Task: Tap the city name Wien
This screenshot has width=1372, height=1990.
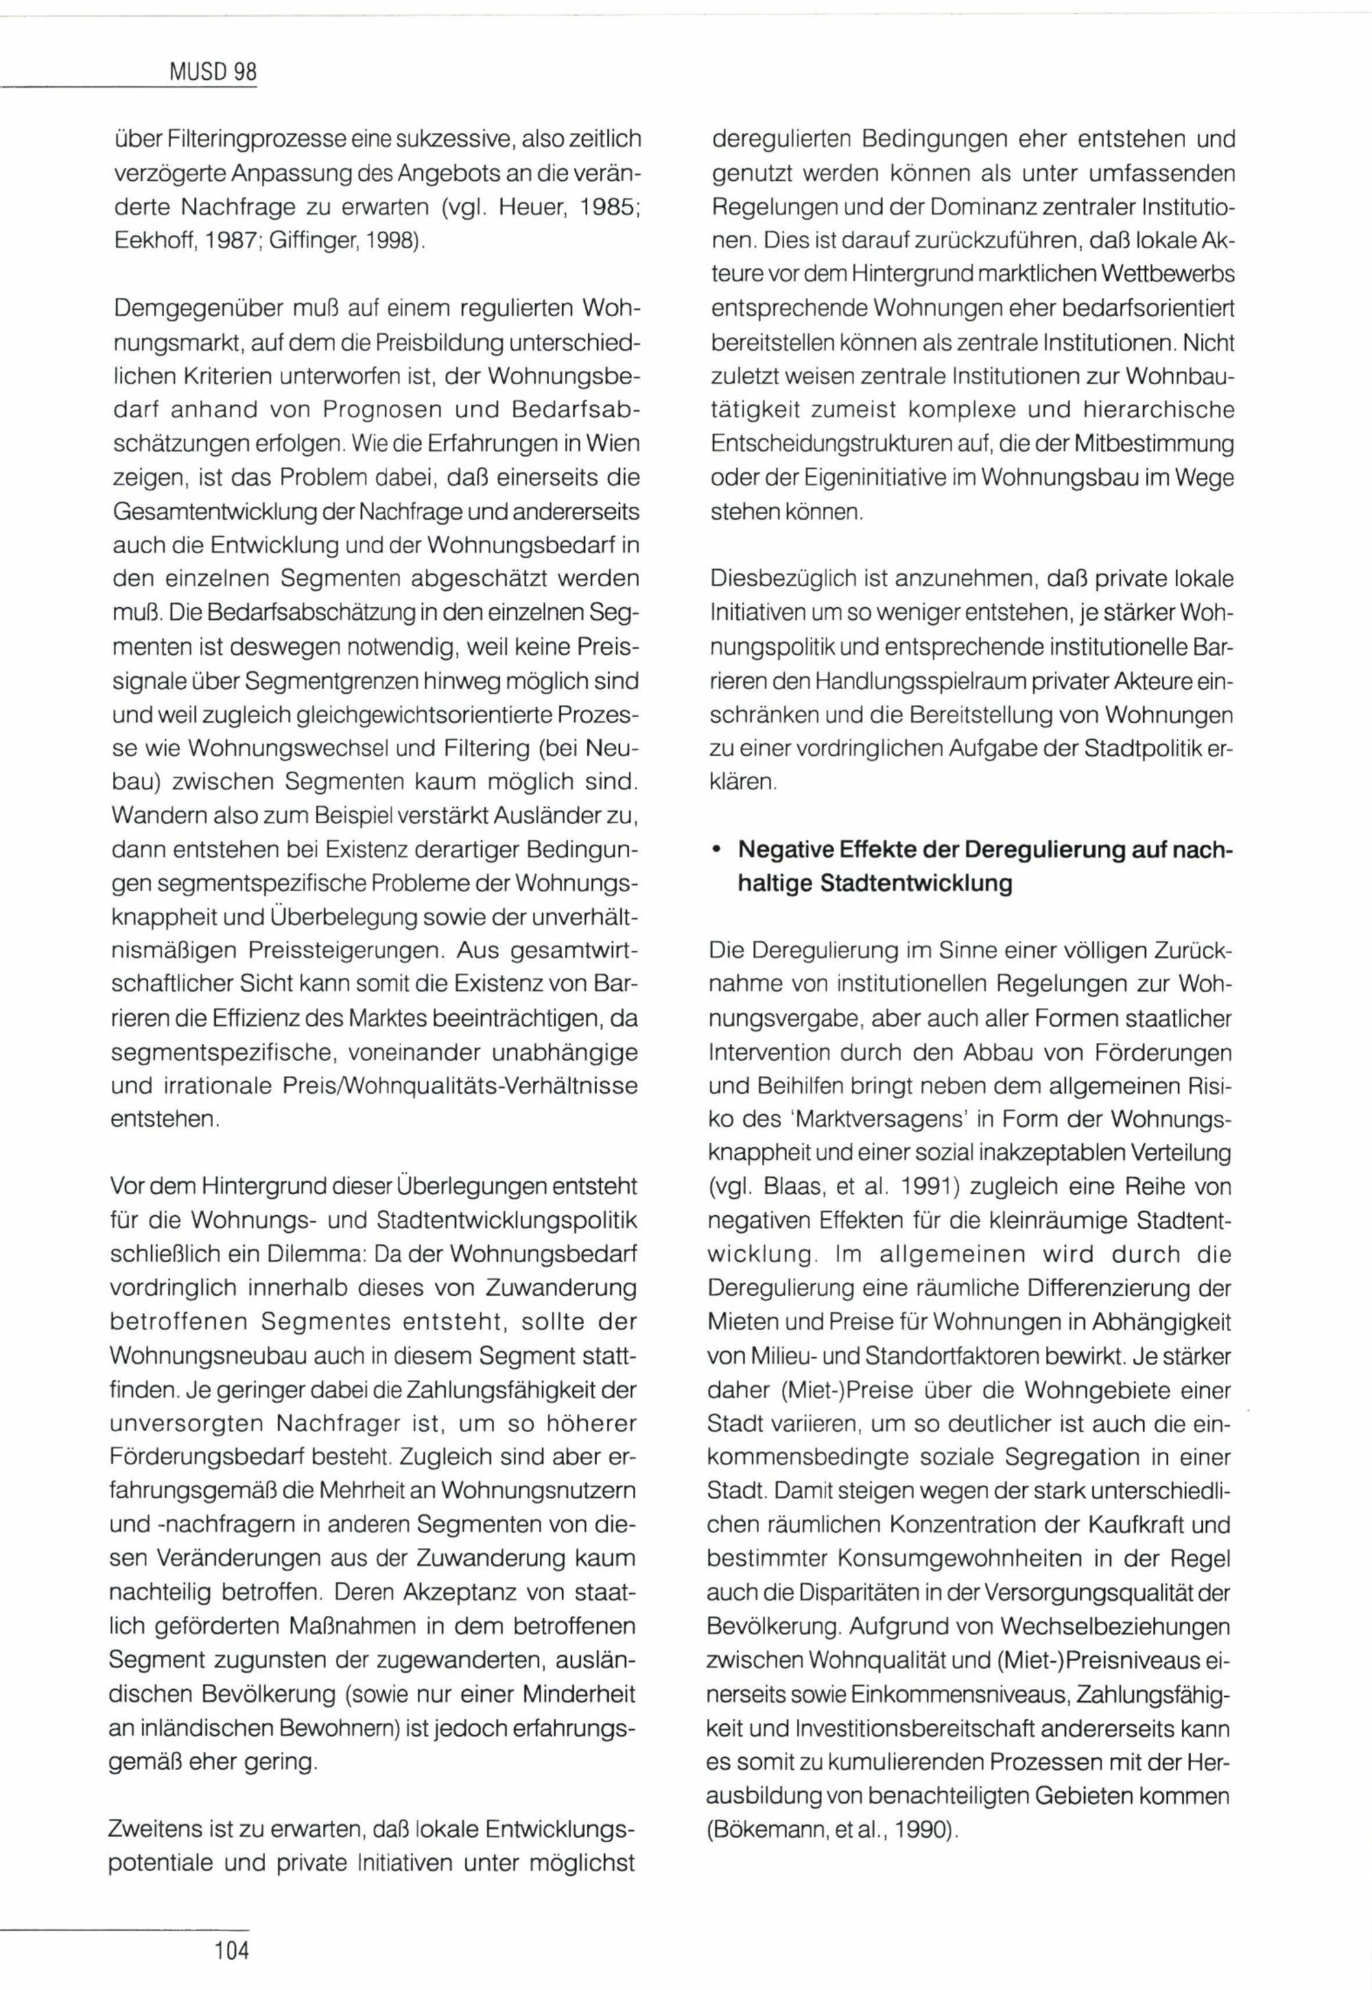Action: [611, 444]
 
